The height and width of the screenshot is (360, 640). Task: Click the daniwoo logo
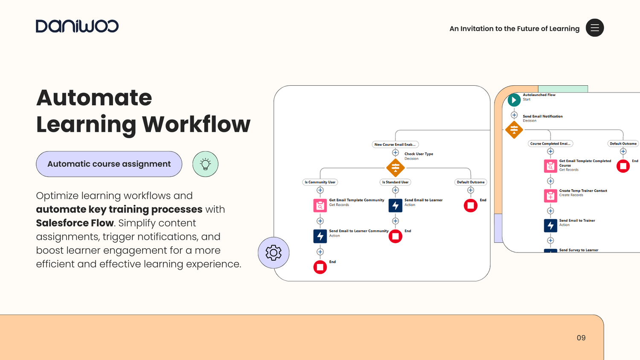pos(77,26)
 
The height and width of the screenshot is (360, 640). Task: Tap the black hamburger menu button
pos(595,28)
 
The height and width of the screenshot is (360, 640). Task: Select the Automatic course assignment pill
pos(109,164)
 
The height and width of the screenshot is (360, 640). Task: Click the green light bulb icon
pos(205,164)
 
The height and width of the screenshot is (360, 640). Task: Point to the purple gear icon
pos(273,253)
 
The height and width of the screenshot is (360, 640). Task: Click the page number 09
pos(581,338)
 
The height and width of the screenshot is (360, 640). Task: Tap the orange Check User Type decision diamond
pos(396,168)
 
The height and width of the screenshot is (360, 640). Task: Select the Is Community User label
pos(320,182)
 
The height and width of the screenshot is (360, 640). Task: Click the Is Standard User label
pos(396,182)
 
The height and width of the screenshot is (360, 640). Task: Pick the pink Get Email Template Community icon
pos(320,206)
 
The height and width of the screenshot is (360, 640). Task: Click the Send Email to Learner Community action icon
pos(320,236)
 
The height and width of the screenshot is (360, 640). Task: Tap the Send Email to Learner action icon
pos(396,206)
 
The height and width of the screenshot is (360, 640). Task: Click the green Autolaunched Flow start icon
pos(514,100)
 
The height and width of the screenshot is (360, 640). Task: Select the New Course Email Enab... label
pos(395,145)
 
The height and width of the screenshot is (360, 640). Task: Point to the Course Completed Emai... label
pos(550,144)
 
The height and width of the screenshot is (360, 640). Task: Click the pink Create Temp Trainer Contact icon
pos(550,196)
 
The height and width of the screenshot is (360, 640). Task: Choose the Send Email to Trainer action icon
pos(550,226)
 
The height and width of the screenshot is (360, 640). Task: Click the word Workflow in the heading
pos(196,124)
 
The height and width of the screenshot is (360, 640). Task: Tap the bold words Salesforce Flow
pos(75,223)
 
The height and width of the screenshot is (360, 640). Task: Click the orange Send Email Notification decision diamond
pos(514,129)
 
